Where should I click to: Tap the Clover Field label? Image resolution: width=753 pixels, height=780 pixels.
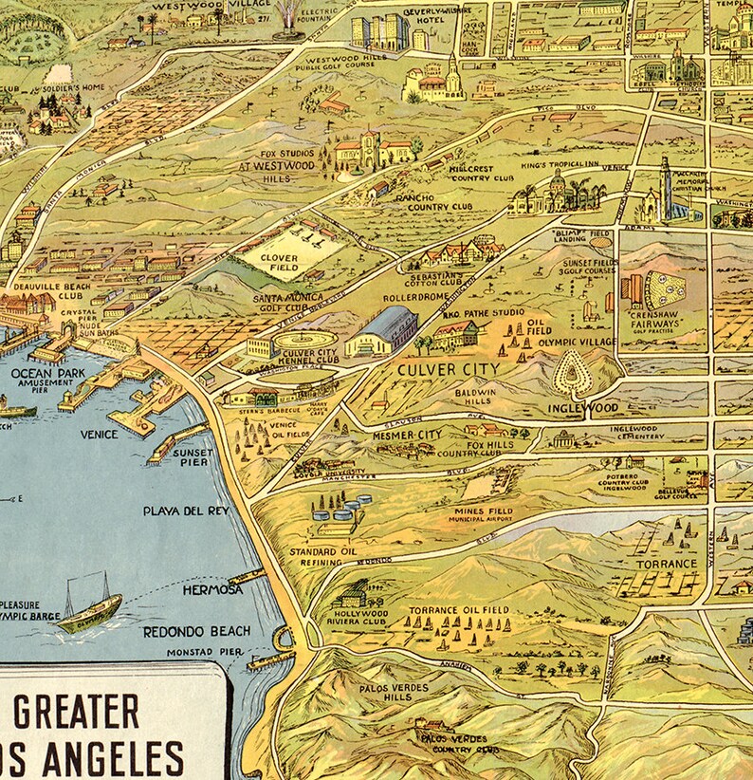click(x=282, y=263)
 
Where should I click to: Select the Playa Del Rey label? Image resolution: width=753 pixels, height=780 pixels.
click(x=186, y=511)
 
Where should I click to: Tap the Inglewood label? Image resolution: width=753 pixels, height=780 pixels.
click(x=583, y=408)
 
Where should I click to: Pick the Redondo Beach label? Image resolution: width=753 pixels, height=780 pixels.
click(x=196, y=631)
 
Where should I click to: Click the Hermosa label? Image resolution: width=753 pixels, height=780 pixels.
click(x=213, y=589)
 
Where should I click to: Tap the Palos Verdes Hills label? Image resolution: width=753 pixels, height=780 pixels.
click(x=393, y=692)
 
